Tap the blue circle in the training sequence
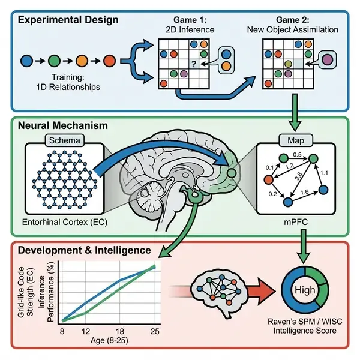(26, 61)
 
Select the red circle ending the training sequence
(109, 61)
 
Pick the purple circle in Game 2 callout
(327, 60)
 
